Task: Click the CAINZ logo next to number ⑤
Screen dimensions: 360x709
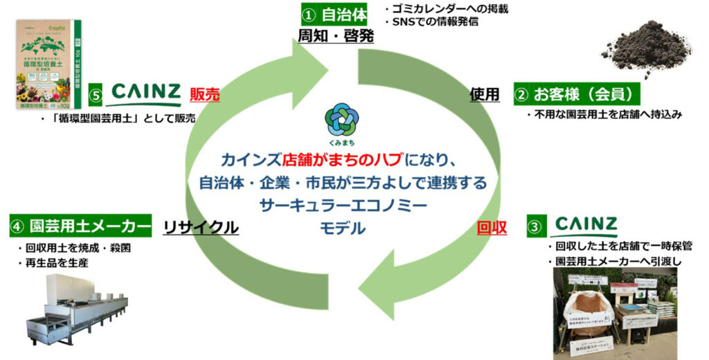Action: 145,93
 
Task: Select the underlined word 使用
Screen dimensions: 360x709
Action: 485,95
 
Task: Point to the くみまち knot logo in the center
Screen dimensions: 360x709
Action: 343,118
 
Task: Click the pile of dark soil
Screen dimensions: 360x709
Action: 647,46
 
